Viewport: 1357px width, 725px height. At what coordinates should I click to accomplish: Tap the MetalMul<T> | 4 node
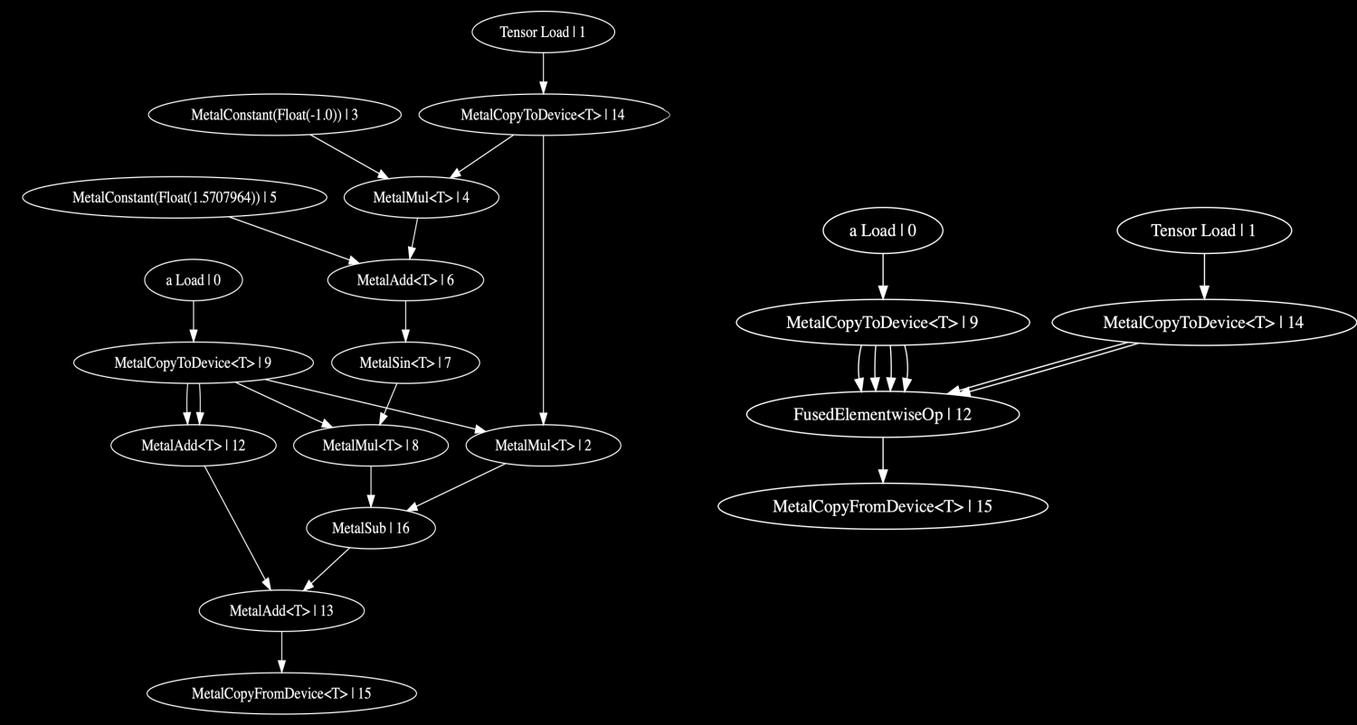[422, 197]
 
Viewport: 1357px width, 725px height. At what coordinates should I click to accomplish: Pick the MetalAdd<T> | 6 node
[404, 280]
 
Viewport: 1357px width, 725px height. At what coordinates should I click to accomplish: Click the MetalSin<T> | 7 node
[404, 363]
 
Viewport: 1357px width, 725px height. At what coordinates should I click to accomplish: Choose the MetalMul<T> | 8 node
[370, 446]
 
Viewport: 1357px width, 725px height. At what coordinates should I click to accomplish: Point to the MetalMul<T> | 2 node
[543, 446]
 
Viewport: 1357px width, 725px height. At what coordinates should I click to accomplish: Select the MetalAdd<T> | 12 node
[193, 446]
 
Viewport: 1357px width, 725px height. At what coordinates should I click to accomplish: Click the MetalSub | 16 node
[370, 528]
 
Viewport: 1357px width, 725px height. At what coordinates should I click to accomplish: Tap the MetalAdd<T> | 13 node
[281, 610]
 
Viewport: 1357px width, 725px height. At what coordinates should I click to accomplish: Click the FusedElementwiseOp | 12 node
[883, 414]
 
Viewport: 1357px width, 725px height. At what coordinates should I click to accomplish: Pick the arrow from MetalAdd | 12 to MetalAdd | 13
[236, 528]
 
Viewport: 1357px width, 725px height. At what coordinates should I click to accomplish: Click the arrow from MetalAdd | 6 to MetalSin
[404, 322]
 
